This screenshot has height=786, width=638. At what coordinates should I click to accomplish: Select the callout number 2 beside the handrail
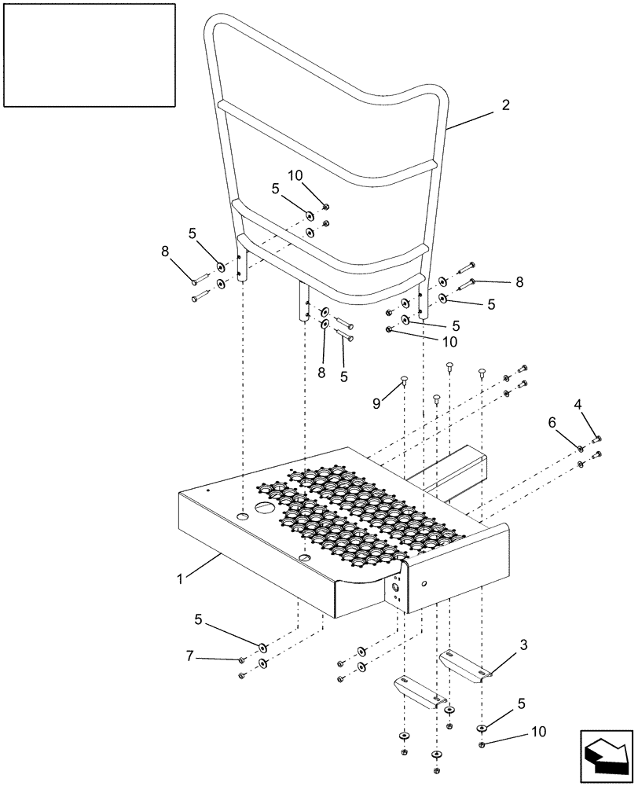pyautogui.click(x=505, y=105)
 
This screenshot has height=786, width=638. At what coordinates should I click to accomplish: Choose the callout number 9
pyautogui.click(x=377, y=403)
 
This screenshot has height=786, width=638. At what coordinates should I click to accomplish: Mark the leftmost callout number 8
pyautogui.click(x=165, y=252)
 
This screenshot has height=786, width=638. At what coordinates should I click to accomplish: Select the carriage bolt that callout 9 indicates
pyautogui.click(x=404, y=382)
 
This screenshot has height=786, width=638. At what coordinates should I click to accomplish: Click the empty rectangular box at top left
pyautogui.click(x=88, y=54)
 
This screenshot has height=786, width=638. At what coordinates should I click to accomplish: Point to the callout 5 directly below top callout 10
pyautogui.click(x=276, y=189)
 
